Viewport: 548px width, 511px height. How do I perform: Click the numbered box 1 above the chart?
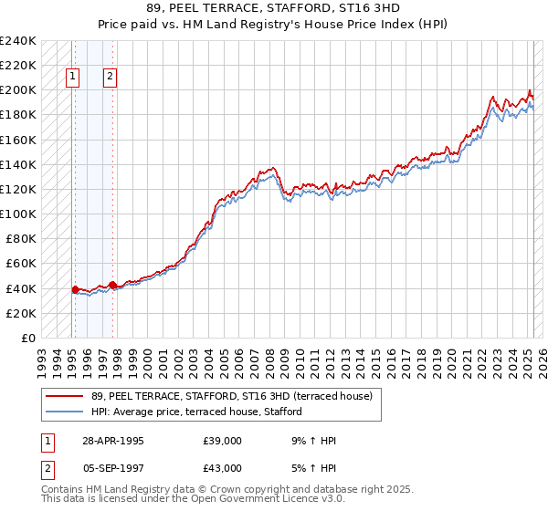[x=72, y=78]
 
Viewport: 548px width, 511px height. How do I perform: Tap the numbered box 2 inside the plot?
[x=110, y=78]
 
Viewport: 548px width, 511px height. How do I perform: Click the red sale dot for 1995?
[x=75, y=289]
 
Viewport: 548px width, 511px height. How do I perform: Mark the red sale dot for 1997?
[x=112, y=285]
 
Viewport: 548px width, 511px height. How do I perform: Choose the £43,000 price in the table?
[x=224, y=468]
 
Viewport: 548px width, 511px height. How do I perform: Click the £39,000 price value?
[x=224, y=441]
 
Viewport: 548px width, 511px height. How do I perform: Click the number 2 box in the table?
[x=47, y=468]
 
